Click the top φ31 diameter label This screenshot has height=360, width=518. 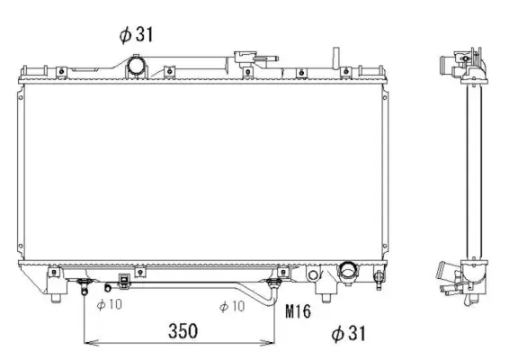137,35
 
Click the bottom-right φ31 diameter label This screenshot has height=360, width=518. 349,334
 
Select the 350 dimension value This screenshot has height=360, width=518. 183,330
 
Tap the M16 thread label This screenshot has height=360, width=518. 299,312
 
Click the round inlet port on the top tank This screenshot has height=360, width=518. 136,66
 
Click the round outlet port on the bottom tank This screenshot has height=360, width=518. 347,271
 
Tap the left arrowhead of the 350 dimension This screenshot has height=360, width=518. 87,343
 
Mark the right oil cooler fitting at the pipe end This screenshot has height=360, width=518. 275,286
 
